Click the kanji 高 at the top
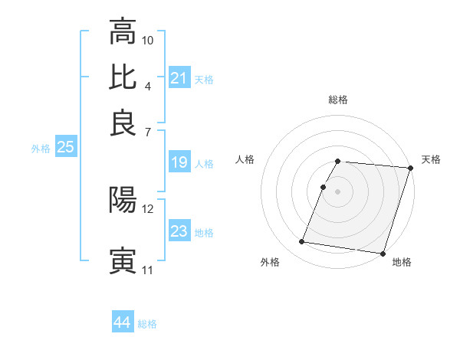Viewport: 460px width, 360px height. pos(123,32)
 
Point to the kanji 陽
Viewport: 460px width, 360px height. pos(123,200)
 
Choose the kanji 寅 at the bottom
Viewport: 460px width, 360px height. pos(123,260)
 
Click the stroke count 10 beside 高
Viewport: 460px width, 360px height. pos(148,40)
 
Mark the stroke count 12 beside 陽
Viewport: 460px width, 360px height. pos(148,208)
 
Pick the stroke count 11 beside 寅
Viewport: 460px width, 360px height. pos(147,270)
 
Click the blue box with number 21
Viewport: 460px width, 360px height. pos(179,78)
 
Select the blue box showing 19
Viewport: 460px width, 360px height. pos(179,162)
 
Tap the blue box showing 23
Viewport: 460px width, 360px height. pos(179,231)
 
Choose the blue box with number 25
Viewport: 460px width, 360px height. pos(65,148)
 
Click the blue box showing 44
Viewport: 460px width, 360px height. pos(122,322)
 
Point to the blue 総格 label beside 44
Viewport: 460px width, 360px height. pos(147,324)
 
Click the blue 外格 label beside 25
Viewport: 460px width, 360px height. pos(40,149)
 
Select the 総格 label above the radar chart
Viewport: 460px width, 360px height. pos(337,100)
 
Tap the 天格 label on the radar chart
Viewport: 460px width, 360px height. pos(431,159)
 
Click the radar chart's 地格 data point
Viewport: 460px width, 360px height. pos(381,253)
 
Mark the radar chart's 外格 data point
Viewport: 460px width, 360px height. pos(301,242)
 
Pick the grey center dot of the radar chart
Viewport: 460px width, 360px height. pos(337,191)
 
